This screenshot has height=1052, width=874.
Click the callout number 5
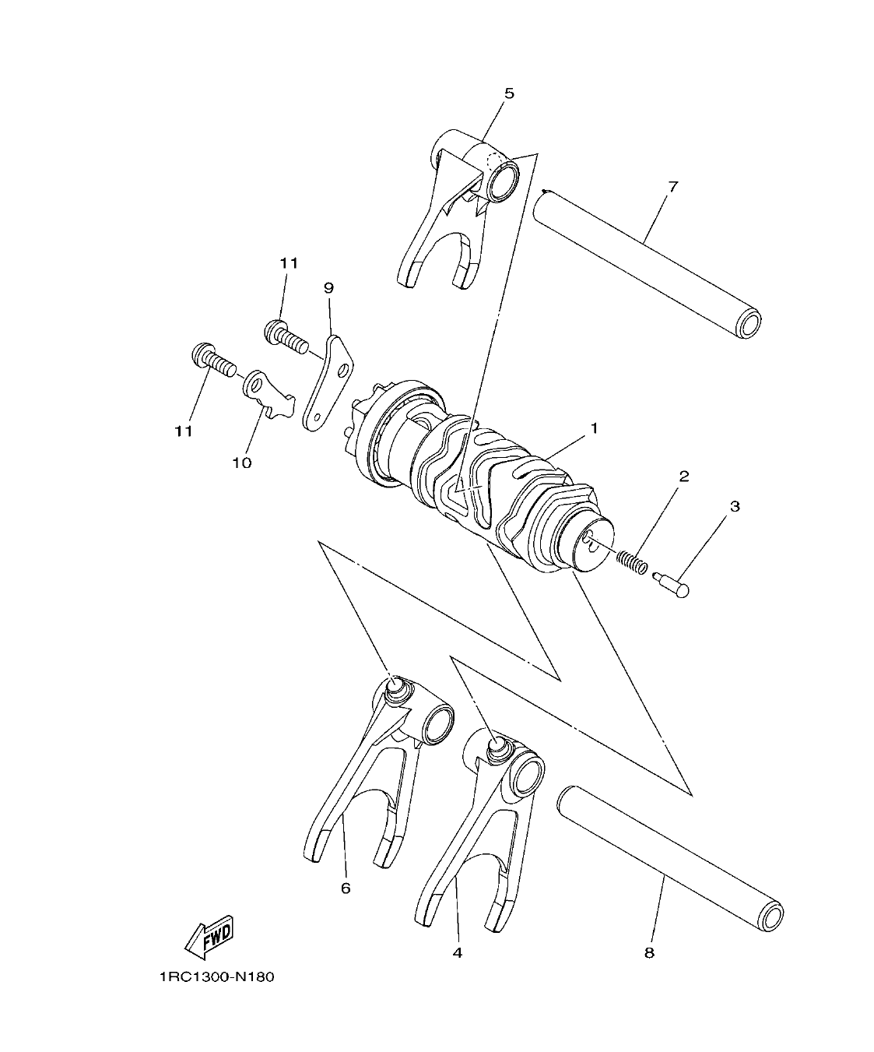click(x=509, y=93)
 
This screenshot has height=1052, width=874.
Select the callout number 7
click(x=673, y=187)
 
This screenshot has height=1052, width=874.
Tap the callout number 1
click(x=594, y=428)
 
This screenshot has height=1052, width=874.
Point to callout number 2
click(x=684, y=476)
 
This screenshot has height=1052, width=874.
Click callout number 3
click(x=734, y=506)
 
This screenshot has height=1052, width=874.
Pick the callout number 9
click(x=328, y=288)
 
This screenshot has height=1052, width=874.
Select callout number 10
click(x=241, y=463)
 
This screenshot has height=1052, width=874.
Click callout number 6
click(x=346, y=888)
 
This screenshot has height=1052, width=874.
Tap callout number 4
click(x=457, y=952)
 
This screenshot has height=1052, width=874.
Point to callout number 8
click(x=649, y=952)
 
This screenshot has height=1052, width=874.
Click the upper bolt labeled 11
click(x=285, y=336)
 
